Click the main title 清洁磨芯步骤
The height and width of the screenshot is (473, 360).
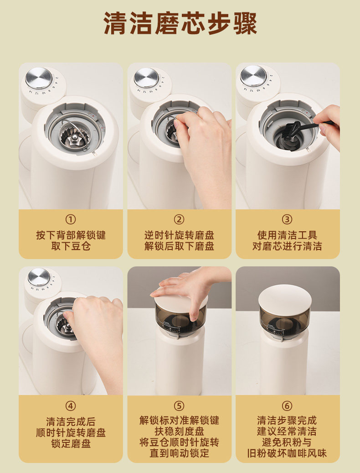(x=180, y=24)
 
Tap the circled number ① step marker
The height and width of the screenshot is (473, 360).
(x=71, y=219)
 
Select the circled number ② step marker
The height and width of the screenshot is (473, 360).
(x=179, y=219)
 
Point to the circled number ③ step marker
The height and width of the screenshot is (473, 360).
(x=287, y=219)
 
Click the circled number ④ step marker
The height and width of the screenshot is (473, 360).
(x=71, y=406)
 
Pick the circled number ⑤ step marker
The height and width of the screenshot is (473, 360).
(x=179, y=406)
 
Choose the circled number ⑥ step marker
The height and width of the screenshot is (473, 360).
(x=287, y=406)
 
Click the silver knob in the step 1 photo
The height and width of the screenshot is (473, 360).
(x=39, y=78)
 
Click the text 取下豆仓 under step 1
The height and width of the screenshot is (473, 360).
(x=71, y=246)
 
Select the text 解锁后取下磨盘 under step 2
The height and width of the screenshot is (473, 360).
(x=179, y=246)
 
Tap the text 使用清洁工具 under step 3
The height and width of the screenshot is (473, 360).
(x=287, y=235)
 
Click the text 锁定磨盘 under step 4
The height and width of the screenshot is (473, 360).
(x=71, y=444)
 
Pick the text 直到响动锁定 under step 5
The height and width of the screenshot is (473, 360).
(x=179, y=453)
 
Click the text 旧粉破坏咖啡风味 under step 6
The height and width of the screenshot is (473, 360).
(x=287, y=453)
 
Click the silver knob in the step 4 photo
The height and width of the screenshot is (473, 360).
(x=39, y=277)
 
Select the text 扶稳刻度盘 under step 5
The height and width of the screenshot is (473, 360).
(x=179, y=431)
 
